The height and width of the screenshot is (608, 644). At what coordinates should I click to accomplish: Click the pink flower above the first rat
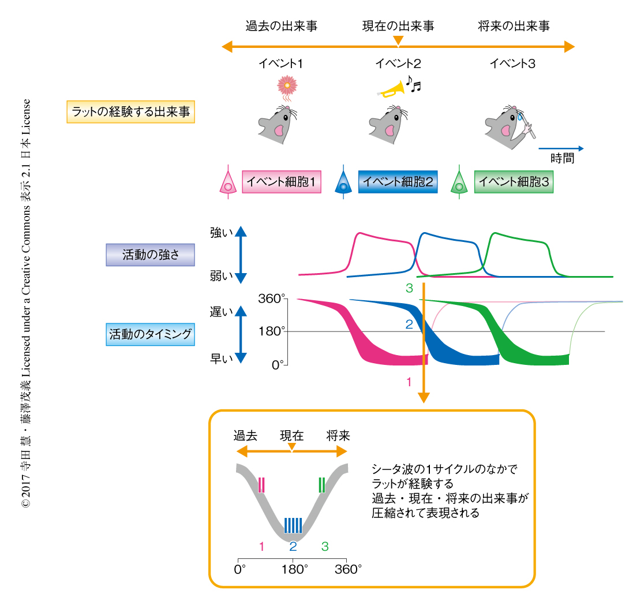287,85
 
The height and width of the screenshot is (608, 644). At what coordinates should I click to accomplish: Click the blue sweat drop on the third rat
521,117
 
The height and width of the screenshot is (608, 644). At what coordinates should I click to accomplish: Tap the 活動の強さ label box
142,254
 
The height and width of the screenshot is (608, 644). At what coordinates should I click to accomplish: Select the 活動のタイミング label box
150,334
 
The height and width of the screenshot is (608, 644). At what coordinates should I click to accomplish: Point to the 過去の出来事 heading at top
281,26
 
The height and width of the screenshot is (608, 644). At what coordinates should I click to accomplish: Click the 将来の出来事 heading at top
514,26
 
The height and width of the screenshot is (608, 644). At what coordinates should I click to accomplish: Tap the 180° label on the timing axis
272,331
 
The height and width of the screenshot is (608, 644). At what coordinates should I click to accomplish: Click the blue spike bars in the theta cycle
293,525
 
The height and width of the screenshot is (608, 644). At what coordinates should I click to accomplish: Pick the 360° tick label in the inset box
348,569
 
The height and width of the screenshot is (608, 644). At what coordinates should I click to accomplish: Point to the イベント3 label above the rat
512,64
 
